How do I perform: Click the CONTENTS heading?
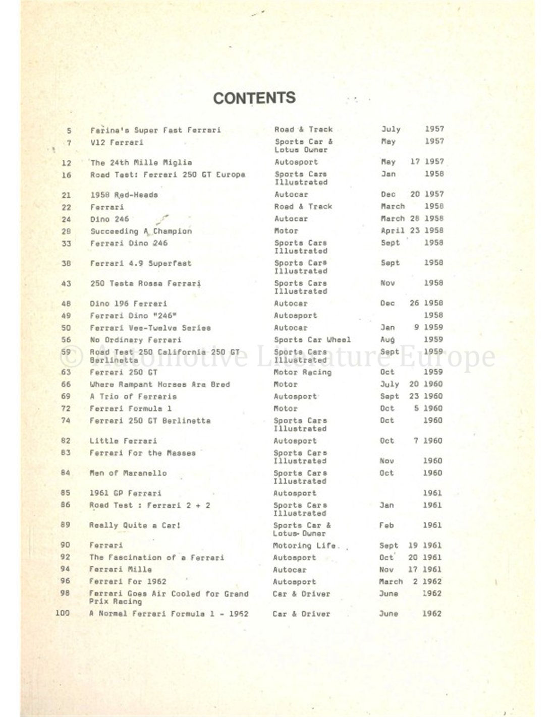254,98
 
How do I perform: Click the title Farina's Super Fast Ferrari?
155,130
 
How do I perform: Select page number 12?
67,163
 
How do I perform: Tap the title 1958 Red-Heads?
124,195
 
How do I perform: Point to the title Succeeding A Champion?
141,231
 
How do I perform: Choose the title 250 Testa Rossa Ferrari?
145,284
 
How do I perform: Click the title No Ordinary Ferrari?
135,340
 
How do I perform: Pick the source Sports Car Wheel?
312,340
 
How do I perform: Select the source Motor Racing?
302,373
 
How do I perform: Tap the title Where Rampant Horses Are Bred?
159,385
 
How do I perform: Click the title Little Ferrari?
123,441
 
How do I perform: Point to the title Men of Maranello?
128,473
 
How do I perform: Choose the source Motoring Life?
304,546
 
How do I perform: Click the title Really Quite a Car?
135,525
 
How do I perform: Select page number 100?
63,614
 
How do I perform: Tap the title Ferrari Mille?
120,570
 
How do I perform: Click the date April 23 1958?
412,231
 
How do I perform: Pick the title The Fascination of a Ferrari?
156,558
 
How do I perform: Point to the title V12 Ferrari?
117,143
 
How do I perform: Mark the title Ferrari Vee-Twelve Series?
150,328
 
